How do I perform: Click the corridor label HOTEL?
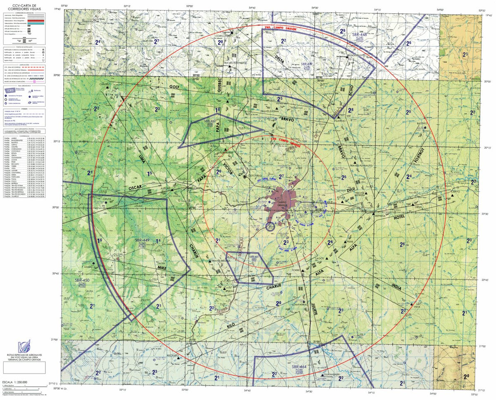pos(400,217)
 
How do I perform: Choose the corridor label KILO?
pos(231,326)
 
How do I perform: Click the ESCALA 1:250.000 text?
pos(15,382)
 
